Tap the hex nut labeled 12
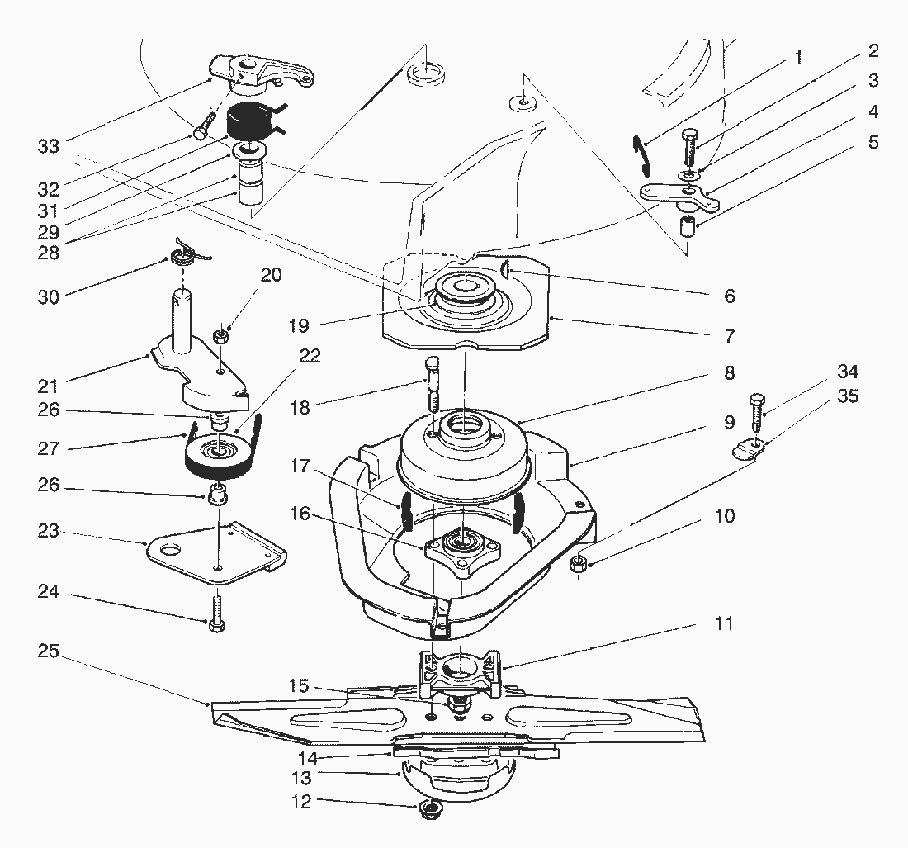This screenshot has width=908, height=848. click(429, 808)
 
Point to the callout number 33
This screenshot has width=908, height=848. click(49, 147)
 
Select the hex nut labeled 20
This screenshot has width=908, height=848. click(220, 336)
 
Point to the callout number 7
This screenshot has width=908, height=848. click(729, 336)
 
